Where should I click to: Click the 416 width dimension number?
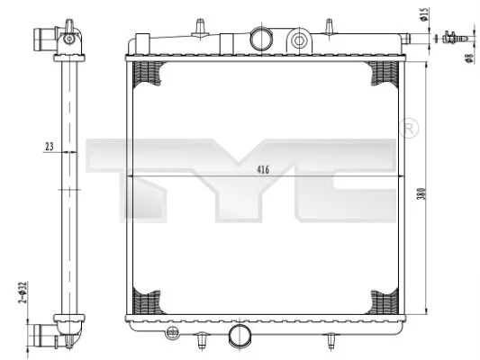pos(262,168)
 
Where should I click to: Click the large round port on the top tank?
pos(260,39)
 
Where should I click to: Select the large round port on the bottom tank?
pos(239,336)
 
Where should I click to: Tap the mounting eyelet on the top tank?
pos(300,39)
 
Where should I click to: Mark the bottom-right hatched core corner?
pos(382,301)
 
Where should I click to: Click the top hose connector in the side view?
pos(47,40)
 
